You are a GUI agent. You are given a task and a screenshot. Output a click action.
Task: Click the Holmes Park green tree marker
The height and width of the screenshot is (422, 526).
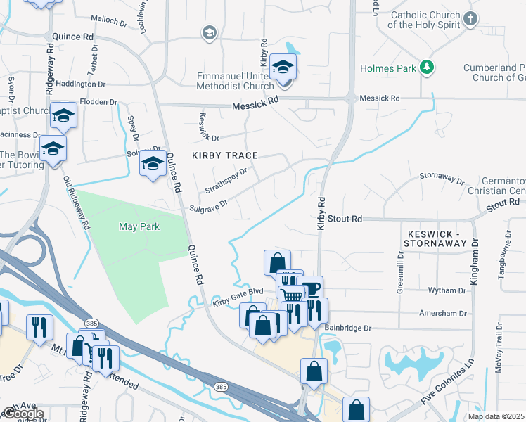pyautogui.click(x=425, y=68)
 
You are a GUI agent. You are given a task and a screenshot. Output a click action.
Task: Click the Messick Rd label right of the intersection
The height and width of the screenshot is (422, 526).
pyautogui.click(x=380, y=98)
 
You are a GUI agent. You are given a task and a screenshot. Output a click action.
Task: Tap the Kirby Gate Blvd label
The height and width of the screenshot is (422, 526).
pyautogui.click(x=238, y=301)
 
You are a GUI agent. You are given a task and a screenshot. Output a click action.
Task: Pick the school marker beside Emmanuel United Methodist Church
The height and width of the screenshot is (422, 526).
pyautogui.click(x=283, y=68)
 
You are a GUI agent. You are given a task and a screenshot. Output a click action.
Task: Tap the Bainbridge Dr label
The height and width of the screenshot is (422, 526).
pyautogui.click(x=347, y=328)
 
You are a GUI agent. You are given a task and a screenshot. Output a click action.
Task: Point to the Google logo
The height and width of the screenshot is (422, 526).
pyautogui.click(x=23, y=414)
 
